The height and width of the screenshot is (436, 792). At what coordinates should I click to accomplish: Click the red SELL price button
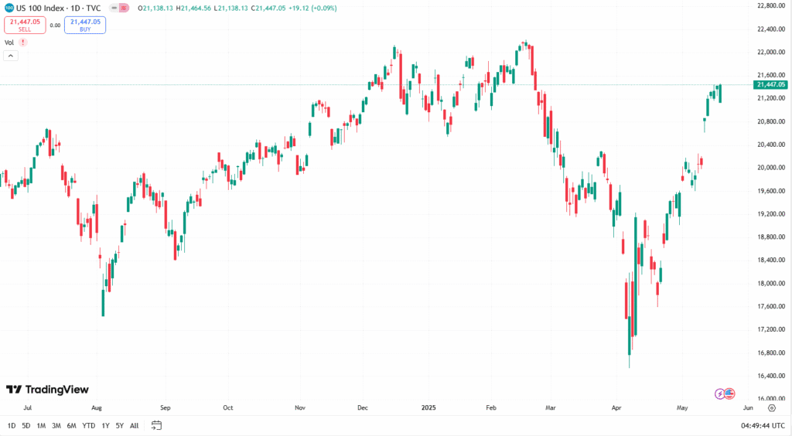[24, 25]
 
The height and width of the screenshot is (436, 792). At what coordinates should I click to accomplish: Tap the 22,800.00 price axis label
[771, 5]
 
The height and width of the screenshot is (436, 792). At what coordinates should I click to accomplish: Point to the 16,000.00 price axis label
[771, 399]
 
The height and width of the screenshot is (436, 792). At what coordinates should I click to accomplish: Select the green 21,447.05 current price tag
[771, 84]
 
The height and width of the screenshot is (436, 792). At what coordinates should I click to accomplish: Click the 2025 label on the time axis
[430, 407]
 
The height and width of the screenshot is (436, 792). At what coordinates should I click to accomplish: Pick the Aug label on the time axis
[97, 407]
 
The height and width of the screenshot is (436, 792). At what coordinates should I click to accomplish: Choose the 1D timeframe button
[12, 425]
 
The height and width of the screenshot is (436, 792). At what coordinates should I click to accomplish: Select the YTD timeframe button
[89, 425]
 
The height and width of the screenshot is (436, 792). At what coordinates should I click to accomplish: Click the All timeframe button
[135, 425]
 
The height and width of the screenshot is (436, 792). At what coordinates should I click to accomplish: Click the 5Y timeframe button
[120, 425]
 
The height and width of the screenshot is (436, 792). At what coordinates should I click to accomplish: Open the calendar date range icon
[156, 425]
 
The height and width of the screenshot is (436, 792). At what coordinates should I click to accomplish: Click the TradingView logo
[47, 390]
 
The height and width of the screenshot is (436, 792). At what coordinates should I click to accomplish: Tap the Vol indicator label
[9, 43]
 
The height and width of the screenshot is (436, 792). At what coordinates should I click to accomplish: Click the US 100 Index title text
[44, 8]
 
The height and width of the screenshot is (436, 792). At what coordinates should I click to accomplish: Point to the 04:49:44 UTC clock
[762, 425]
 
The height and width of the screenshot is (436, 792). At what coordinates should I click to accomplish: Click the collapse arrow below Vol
[11, 56]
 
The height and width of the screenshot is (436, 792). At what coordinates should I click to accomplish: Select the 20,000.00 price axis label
[771, 167]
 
